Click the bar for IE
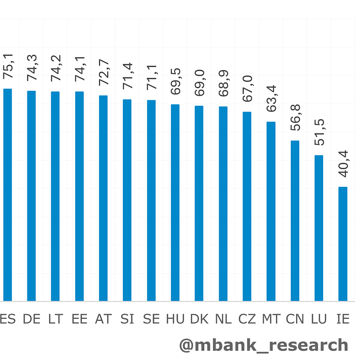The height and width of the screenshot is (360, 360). coord(343,244)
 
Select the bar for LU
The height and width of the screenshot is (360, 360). coord(319,228)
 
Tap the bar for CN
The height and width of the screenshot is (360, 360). coord(295,221)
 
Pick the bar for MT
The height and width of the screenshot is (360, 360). coord(271,211)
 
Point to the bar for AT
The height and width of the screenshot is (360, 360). coord(103,198)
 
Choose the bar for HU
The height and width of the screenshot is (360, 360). coord(175,202)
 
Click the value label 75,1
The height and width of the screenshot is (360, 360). coord(8,66)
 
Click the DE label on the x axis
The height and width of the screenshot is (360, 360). coord(31,319)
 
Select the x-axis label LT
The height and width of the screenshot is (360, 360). coord(55,319)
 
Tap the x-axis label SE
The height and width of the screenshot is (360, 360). coord(151,319)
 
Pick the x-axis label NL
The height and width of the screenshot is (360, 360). coord(223,319)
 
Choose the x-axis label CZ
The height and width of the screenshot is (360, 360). coord(247,319)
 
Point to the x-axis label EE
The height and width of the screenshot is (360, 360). coord(80,319)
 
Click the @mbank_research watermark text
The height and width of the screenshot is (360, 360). coord(264,345)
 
